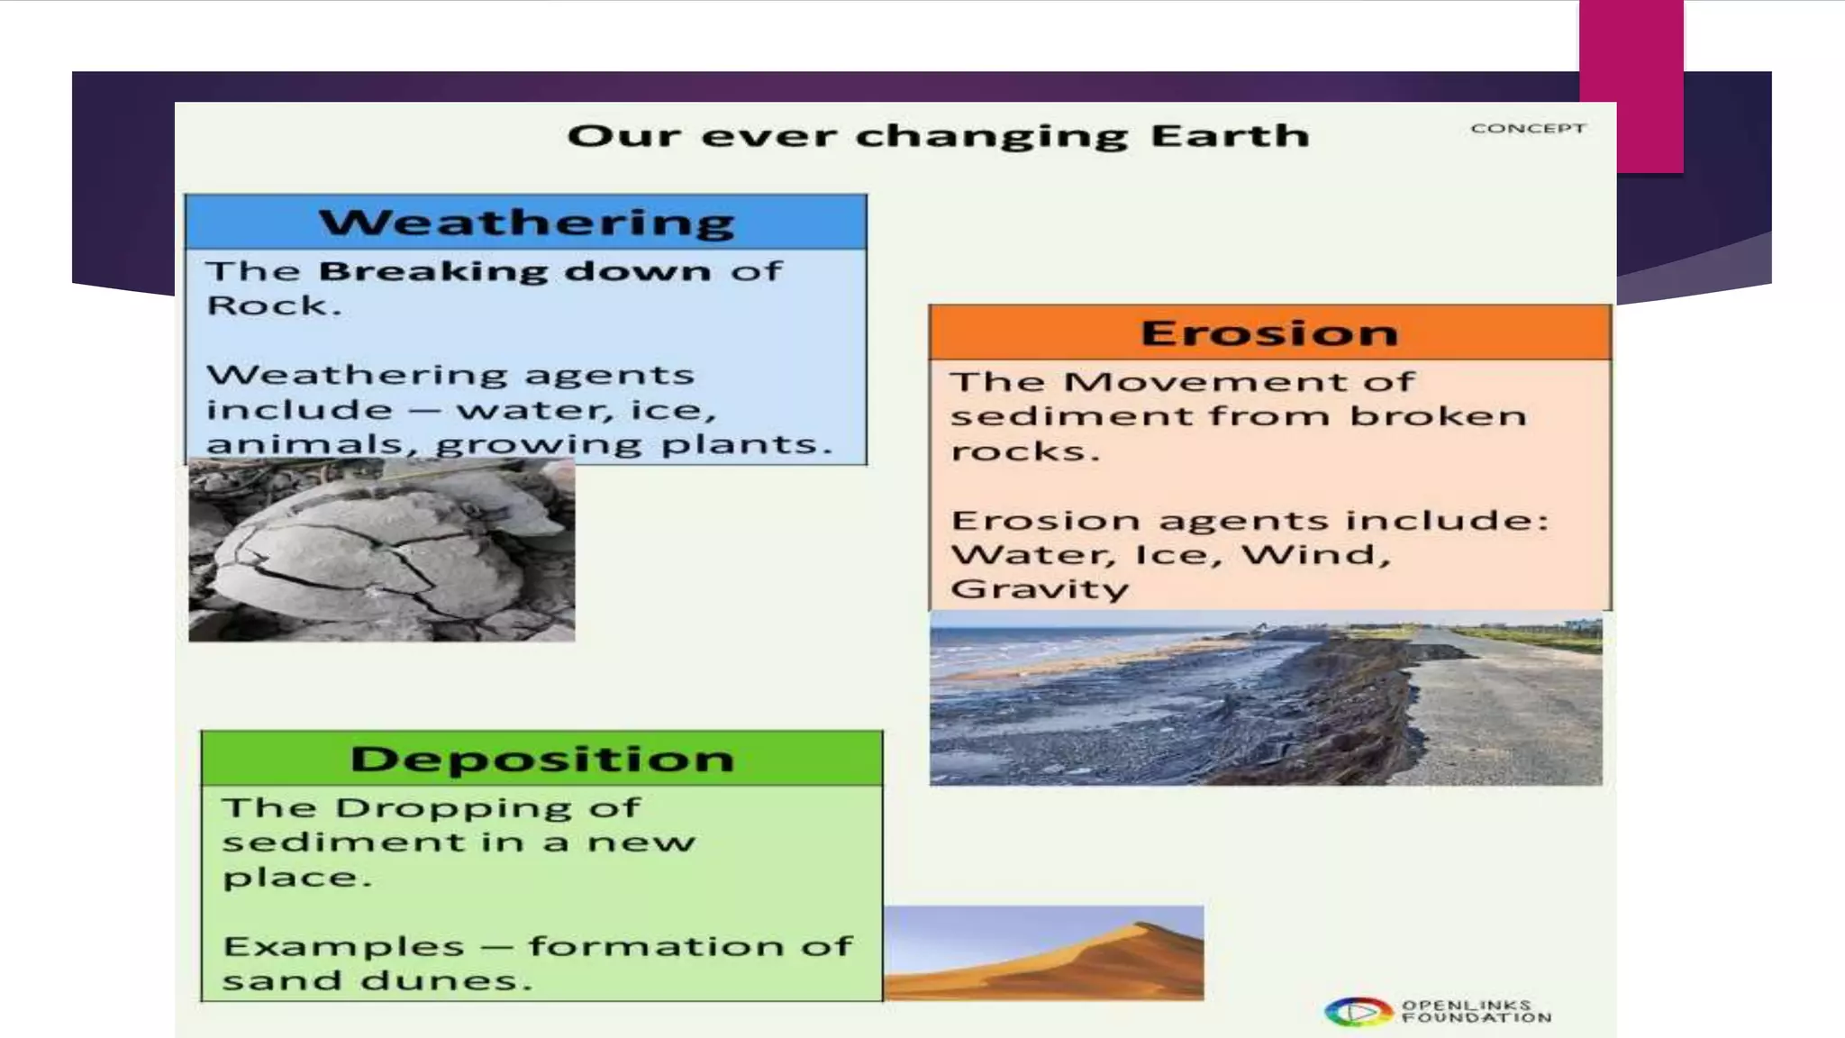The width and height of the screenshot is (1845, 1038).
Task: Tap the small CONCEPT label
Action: pos(1528,129)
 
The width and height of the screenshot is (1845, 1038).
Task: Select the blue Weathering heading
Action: pos(526,222)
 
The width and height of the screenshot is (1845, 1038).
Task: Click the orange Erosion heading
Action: pos(1269,332)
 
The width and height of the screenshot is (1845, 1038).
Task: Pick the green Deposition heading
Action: pos(541,759)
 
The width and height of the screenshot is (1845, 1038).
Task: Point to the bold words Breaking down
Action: pos(514,271)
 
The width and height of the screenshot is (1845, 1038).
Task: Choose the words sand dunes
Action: pos(377,980)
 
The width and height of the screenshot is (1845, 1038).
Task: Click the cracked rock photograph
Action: pos(381,551)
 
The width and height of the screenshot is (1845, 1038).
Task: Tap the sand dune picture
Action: pos(1043,952)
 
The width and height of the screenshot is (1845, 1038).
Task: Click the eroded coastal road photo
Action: pos(1266,698)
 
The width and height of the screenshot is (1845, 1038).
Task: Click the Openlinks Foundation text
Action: pos(1476,1011)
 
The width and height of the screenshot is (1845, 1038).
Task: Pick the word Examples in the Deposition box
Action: pos(343,946)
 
